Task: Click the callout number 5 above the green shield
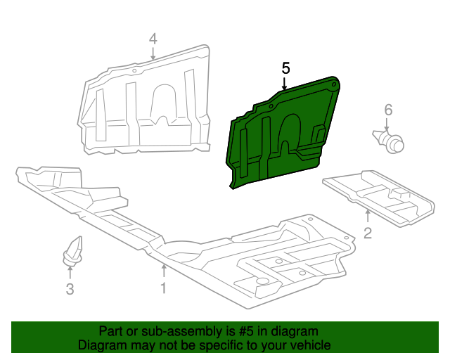(285, 68)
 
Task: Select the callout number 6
(387, 110)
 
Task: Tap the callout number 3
(70, 288)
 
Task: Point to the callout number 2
(368, 233)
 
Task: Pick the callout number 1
(162, 288)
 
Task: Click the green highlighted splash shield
(281, 137)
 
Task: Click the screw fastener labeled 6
(390, 140)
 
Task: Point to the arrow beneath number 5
(285, 84)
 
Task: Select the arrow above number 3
(70, 272)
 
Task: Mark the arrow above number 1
(163, 271)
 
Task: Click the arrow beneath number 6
(387, 124)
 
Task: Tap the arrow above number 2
(367, 215)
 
